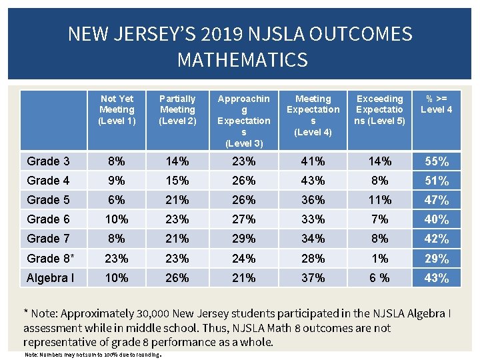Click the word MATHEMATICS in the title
point(242,60)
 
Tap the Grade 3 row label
point(48,161)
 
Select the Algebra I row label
point(51,278)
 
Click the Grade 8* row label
point(50,258)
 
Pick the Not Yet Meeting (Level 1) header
point(117,109)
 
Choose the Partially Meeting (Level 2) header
point(177,109)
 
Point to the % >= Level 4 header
point(437,104)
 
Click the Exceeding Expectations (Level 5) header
point(380,109)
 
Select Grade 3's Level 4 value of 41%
point(313,161)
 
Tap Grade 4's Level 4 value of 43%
point(313,180)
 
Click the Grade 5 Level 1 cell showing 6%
point(117,199)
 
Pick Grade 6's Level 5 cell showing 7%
point(379,219)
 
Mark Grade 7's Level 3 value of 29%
point(243,238)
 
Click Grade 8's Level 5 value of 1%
point(379,258)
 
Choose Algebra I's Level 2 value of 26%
point(177,278)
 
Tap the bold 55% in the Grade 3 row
point(437,161)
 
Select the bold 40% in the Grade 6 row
point(437,219)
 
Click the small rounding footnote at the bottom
point(93,355)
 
